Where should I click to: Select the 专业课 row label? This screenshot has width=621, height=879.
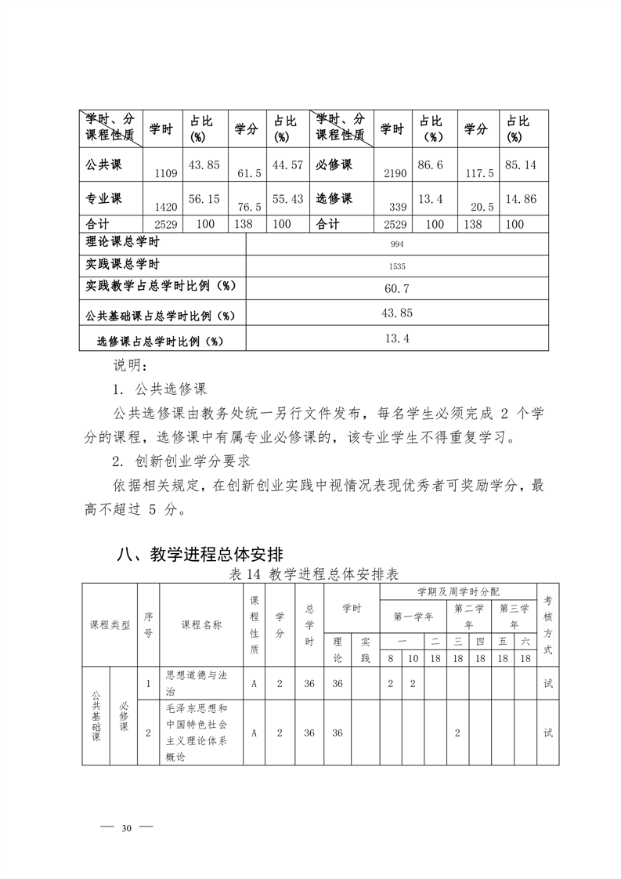pos(103,198)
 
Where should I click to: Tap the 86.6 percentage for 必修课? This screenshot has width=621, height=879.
pos(431,165)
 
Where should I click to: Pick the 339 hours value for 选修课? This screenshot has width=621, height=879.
pos(397,207)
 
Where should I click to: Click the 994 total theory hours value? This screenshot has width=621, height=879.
pos(397,244)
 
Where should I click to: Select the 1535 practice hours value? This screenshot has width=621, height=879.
pos(397,266)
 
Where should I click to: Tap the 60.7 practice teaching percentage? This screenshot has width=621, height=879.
pos(397,288)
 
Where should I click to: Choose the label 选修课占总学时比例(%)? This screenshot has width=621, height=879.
pos(160,341)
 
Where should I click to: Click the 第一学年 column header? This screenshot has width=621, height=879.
pos(413,616)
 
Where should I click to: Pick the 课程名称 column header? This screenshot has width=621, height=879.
pos(201,624)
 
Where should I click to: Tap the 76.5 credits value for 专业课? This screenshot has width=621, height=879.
pos(248,207)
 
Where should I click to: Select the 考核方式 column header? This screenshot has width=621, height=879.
pos(547,624)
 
